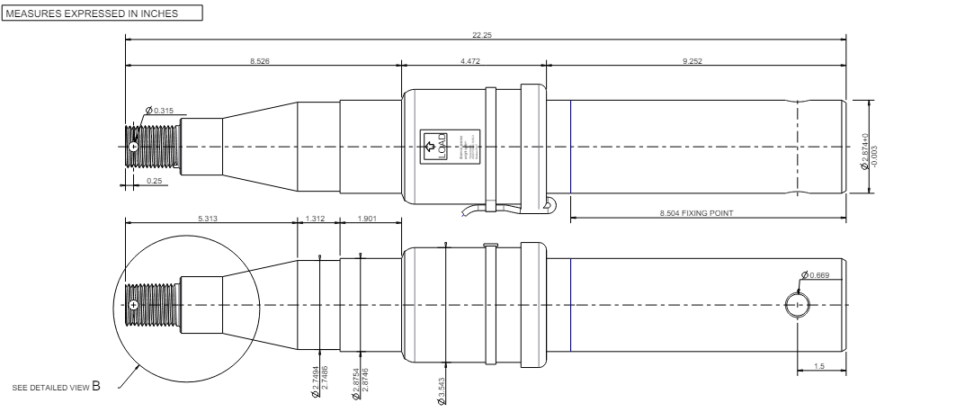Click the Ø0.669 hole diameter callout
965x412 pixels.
[x=816, y=275]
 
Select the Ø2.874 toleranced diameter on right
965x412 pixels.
[x=866, y=150]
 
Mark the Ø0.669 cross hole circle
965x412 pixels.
[x=797, y=306]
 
